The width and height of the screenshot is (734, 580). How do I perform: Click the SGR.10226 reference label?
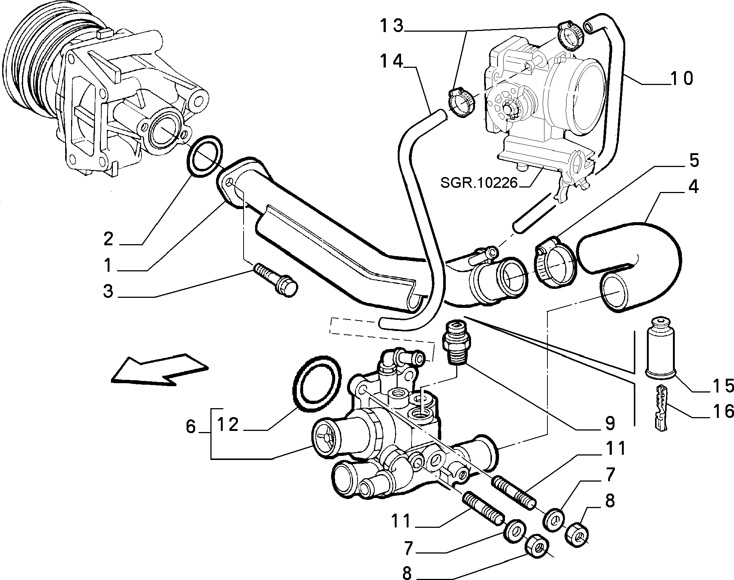(x=479, y=183)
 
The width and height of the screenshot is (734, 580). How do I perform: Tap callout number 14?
(x=391, y=61)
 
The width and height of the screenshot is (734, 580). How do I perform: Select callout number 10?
(x=681, y=79)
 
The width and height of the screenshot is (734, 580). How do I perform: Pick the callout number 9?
(x=610, y=423)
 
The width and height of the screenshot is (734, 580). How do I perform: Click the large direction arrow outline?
(x=159, y=369)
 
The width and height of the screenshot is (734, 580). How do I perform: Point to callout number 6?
(x=190, y=427)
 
